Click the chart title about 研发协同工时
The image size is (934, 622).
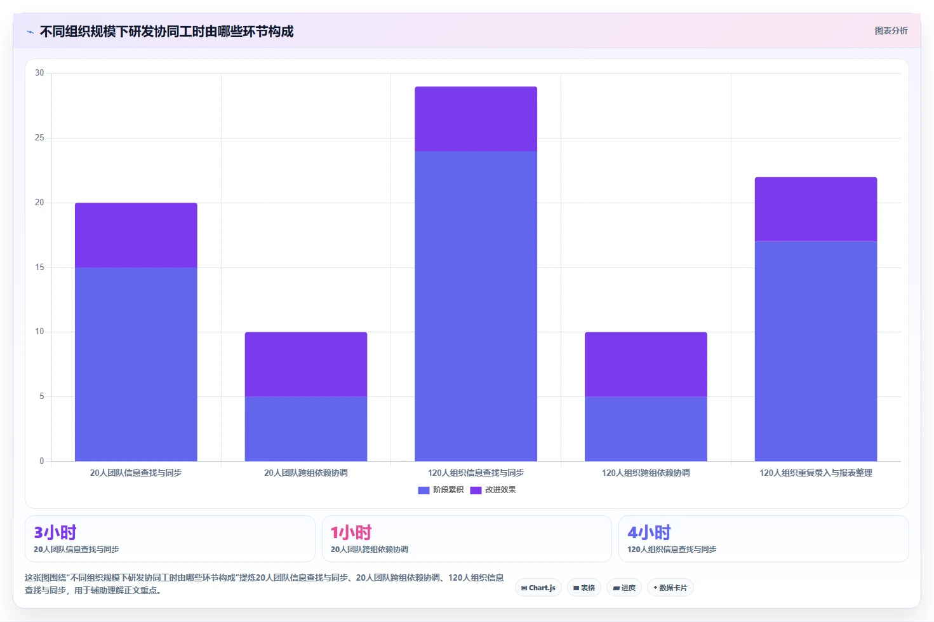[x=166, y=31]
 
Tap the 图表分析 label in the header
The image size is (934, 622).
[x=891, y=31]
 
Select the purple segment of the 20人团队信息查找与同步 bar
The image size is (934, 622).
[x=136, y=235]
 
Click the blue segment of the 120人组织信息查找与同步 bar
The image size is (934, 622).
[x=476, y=306]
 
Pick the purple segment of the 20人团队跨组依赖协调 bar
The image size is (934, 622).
[x=306, y=364]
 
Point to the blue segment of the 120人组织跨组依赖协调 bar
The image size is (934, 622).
[x=646, y=429]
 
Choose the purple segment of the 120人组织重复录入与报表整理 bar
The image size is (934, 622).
[x=816, y=210]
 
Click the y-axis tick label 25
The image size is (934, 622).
[x=39, y=138]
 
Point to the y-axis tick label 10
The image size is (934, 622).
[x=39, y=332]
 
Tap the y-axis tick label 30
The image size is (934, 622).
[x=39, y=73]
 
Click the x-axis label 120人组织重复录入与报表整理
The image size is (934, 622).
[x=816, y=473]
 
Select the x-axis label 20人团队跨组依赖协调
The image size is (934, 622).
[x=306, y=473]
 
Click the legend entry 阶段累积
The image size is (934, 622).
[x=441, y=490]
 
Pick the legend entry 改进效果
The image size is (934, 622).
[x=493, y=490]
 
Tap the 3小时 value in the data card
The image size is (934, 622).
[x=55, y=532]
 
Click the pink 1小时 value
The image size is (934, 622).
[x=351, y=532]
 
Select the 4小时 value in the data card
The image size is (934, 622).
[x=649, y=532]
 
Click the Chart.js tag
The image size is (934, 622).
[x=538, y=588]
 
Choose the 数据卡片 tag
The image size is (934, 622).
[x=670, y=588]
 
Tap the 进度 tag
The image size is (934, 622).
[x=624, y=588]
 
